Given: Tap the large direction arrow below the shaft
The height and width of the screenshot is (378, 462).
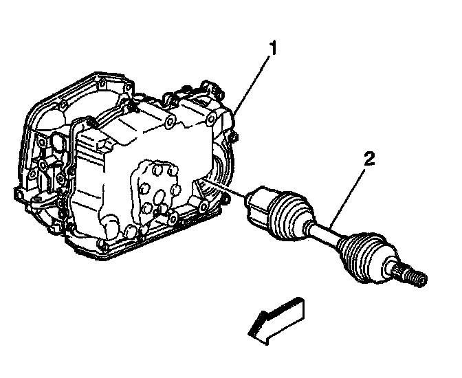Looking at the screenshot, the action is [275, 318].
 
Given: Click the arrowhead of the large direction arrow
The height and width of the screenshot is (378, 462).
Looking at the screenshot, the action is [256, 326].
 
